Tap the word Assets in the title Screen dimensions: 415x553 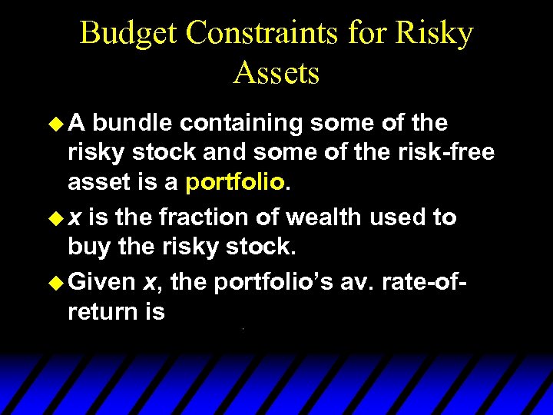coord(276,73)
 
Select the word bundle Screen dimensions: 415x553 coord(137,123)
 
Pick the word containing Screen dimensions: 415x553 coord(241,123)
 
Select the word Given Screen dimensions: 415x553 coord(101,282)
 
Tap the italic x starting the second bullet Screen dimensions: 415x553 coord(75,218)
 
